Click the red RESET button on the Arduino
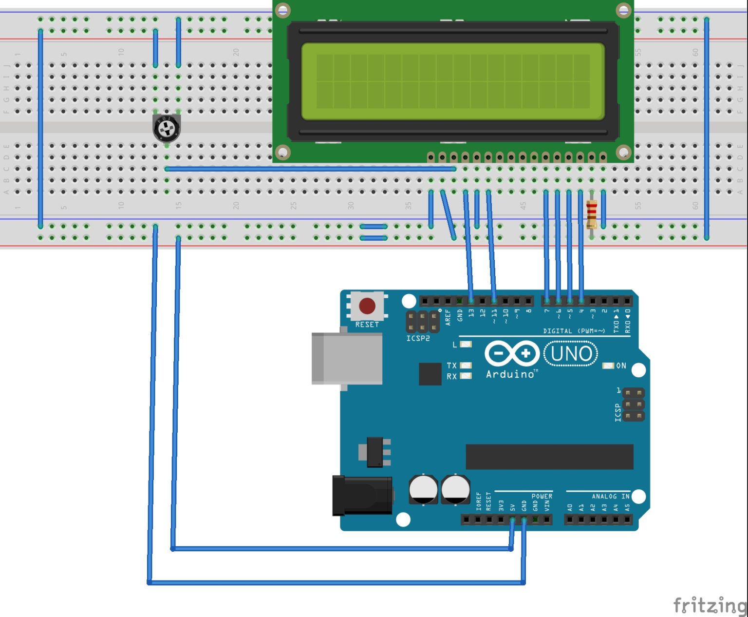point(367,306)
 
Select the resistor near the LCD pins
point(592,214)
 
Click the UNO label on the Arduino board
point(571,354)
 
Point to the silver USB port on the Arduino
point(347,359)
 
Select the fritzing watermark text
point(710,605)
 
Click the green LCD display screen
point(453,81)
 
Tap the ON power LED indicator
point(608,366)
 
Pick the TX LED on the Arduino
point(466,366)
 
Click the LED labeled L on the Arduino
point(466,344)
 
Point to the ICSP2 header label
point(418,338)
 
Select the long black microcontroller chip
point(549,457)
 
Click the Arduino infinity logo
point(512,354)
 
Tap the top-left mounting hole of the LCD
point(283,10)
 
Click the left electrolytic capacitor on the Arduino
point(423,489)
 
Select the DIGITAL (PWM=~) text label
point(574,331)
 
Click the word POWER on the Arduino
point(542,496)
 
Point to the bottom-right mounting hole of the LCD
point(623,153)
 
